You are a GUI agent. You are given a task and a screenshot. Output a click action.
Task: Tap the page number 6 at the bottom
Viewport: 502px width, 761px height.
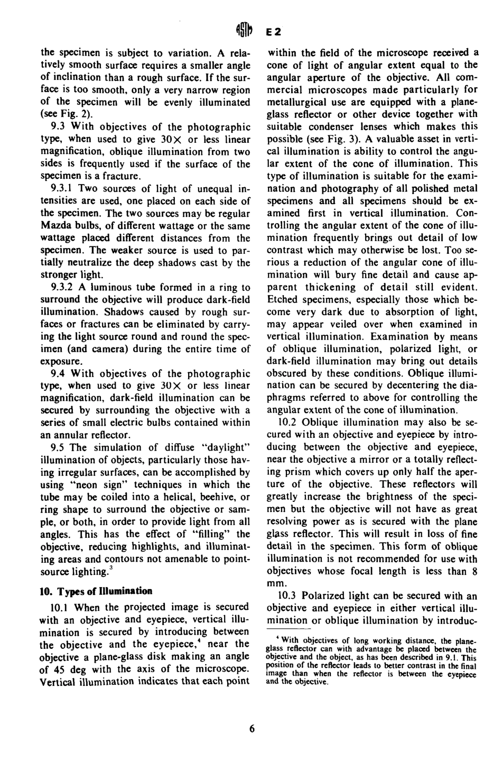tap(252, 728)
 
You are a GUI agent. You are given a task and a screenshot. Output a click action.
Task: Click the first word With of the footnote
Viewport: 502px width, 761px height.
tap(292, 641)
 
